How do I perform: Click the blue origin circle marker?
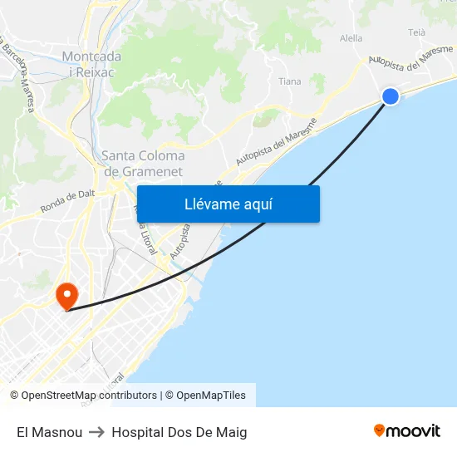pyautogui.click(x=390, y=96)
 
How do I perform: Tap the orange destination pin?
pyautogui.click(x=66, y=295)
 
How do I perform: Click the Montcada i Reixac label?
pyautogui.click(x=91, y=64)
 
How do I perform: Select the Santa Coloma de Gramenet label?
pyautogui.click(x=143, y=163)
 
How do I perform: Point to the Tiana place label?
pyautogui.click(x=290, y=81)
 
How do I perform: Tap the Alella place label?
pyautogui.click(x=351, y=38)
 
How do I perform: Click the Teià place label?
pyautogui.click(x=417, y=32)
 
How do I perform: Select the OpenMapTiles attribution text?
pyautogui.click(x=211, y=396)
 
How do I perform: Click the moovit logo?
pyautogui.click(x=407, y=431)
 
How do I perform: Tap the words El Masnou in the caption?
pyautogui.click(x=49, y=432)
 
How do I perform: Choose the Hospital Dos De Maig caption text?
pyautogui.click(x=179, y=432)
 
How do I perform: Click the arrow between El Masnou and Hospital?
pyautogui.click(x=97, y=432)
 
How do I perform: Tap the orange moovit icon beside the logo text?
pyautogui.click(x=380, y=431)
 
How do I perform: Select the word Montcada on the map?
pyautogui.click(x=91, y=57)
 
